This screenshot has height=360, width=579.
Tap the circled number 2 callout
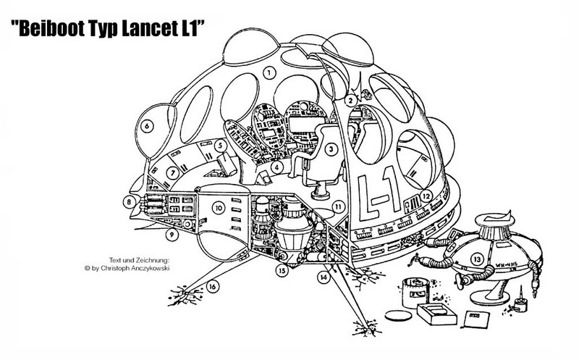coord(349,101)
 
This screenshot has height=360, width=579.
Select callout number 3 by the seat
coord(331,149)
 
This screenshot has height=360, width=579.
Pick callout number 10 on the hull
coord(216,208)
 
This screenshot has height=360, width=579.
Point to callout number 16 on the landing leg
coord(213,286)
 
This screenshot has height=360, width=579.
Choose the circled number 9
coord(172,235)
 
